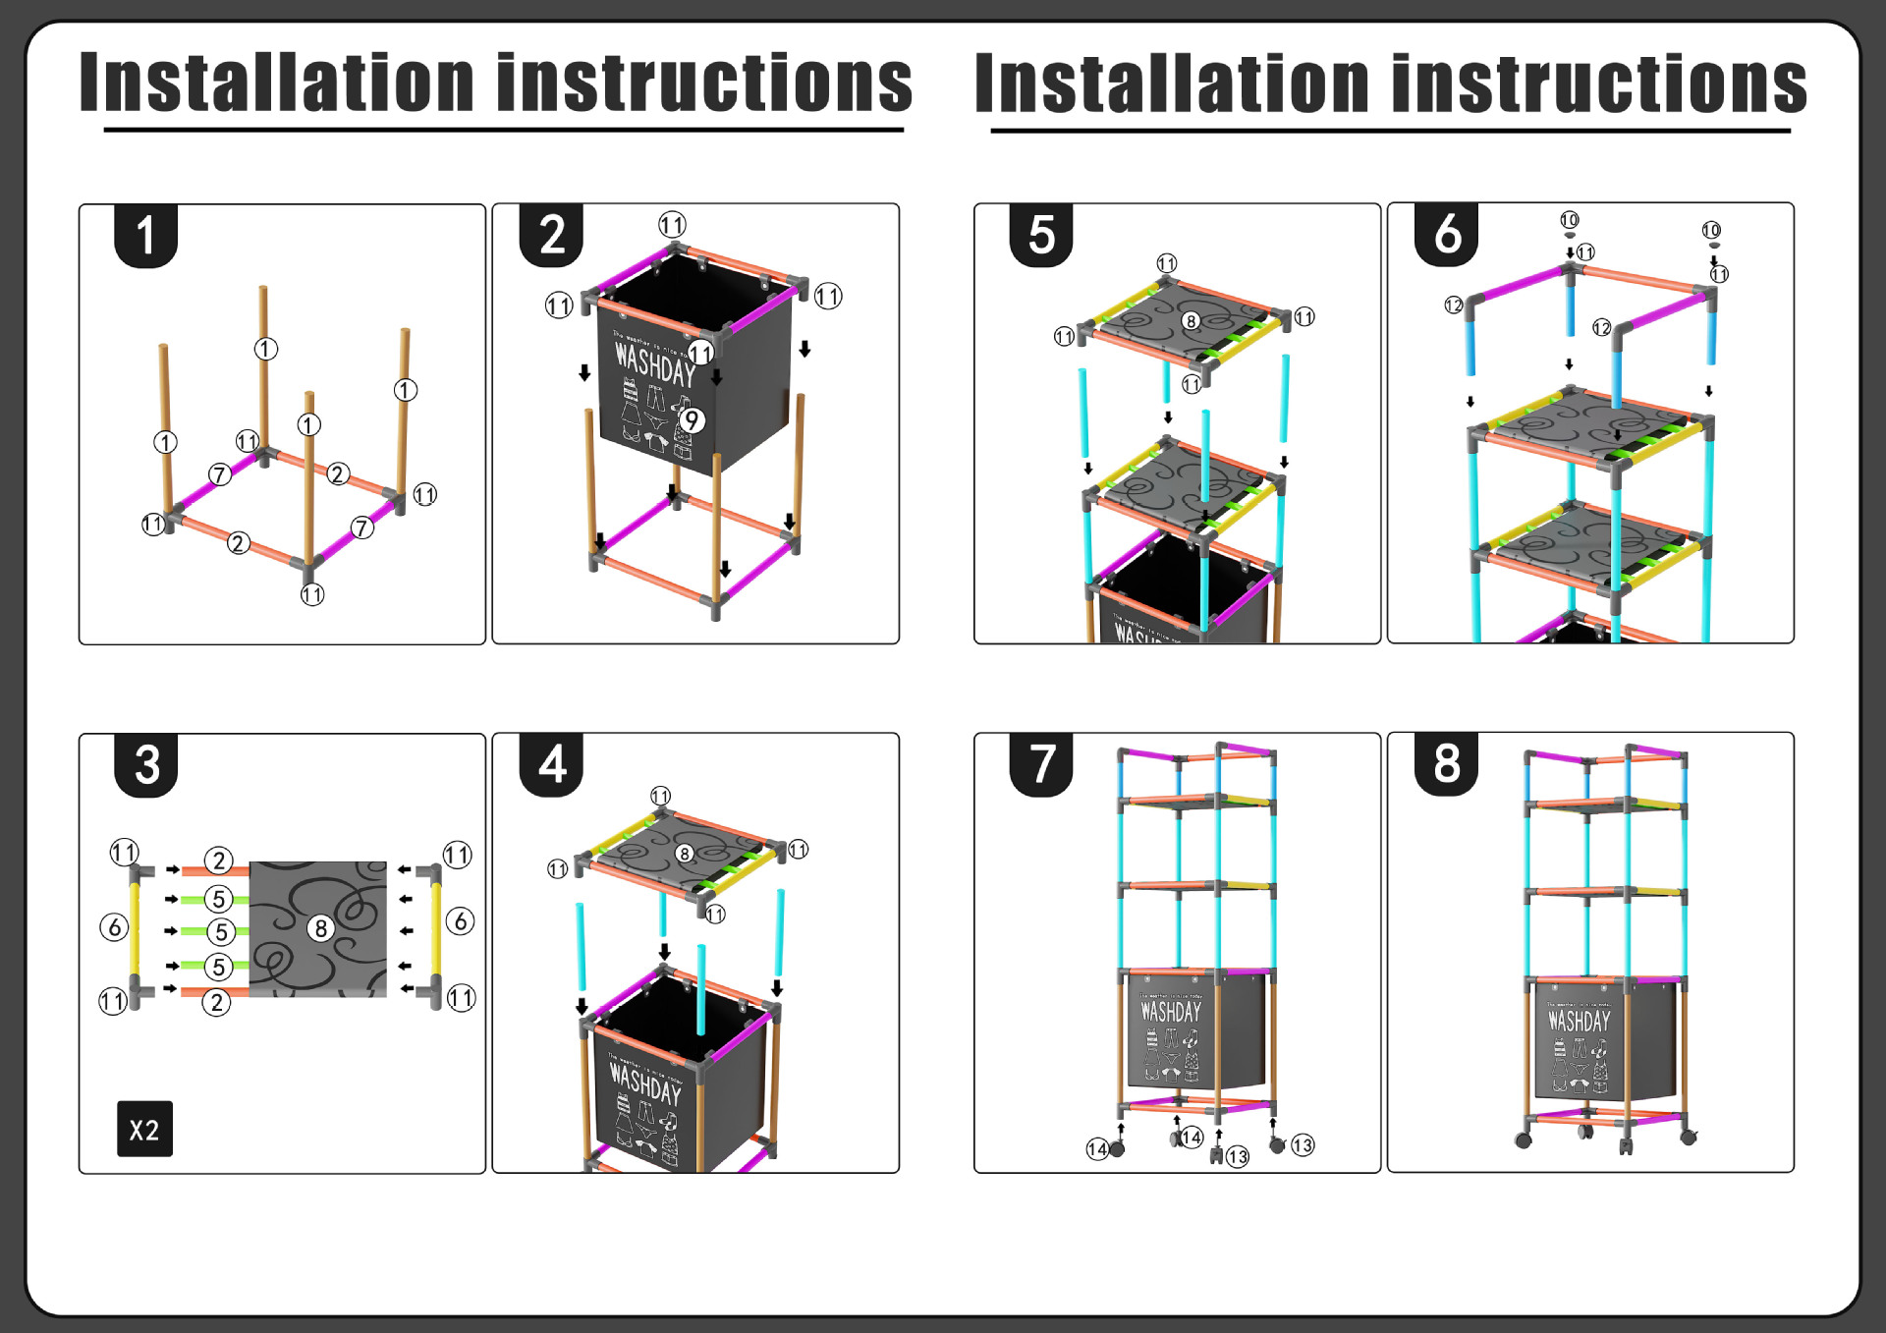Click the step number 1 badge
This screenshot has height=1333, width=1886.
[x=145, y=236]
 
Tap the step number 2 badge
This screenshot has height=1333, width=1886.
[x=551, y=236]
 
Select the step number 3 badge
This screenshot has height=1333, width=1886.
[x=146, y=764]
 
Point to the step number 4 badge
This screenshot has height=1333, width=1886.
[x=551, y=764]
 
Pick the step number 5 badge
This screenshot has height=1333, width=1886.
[x=1041, y=236]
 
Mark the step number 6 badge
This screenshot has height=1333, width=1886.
[x=1447, y=235]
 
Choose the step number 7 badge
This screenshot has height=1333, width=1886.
[x=1041, y=764]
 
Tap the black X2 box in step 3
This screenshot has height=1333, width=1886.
[x=144, y=1129]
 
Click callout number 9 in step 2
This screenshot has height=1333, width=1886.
[x=693, y=420]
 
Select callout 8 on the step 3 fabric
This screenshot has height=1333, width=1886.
[x=320, y=928]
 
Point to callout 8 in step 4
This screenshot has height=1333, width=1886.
[x=685, y=854]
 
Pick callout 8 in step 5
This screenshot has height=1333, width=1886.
[x=1191, y=321]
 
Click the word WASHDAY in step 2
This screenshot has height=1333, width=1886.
[x=654, y=365]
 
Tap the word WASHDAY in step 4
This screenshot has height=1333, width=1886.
[x=645, y=1083]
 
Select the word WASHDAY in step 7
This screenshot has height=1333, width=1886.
[x=1170, y=1011]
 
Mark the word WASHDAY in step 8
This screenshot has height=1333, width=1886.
[x=1579, y=1021]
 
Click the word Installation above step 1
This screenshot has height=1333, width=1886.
[x=277, y=83]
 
